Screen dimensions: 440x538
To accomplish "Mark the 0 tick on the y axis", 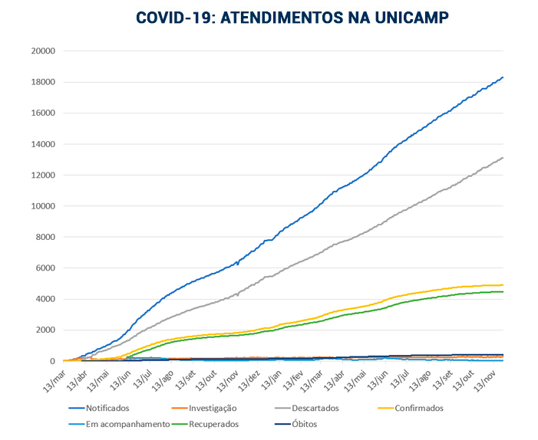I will tap(51, 362).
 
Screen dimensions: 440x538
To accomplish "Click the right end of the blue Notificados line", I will tap(502, 77).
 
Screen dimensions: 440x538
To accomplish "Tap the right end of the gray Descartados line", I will tap(502, 157).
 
